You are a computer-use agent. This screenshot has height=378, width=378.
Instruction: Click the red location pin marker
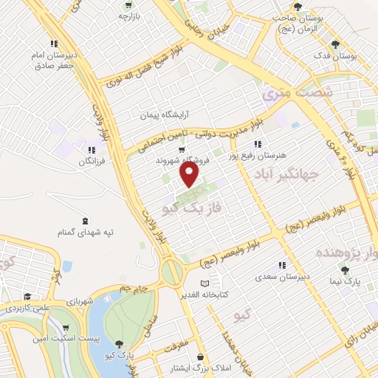click(190, 176)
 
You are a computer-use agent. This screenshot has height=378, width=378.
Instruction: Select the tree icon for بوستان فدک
click(337, 44)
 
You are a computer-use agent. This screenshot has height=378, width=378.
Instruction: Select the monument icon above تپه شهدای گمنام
click(86, 221)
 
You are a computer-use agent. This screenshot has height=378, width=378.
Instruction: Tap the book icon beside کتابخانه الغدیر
click(205, 283)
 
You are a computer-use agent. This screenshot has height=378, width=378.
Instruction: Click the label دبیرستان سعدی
click(281, 276)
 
